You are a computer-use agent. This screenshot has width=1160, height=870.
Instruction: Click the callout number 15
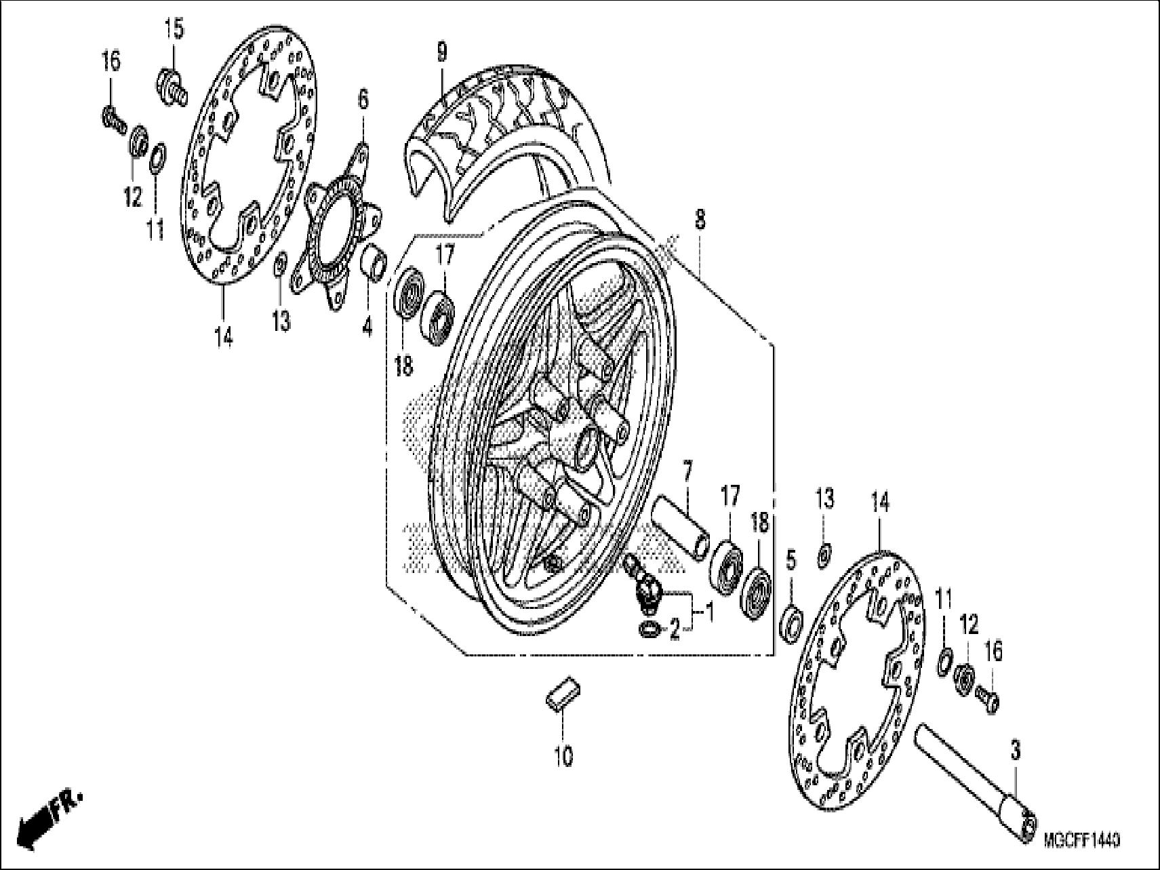tap(174, 30)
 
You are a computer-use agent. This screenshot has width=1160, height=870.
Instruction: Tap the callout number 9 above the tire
tap(442, 52)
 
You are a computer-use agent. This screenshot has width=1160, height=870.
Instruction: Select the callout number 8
tap(700, 219)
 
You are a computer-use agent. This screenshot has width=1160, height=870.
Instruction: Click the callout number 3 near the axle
tap(1015, 751)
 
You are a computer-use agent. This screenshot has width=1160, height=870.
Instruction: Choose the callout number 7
tap(687, 469)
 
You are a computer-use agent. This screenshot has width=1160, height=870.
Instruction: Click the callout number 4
tap(367, 328)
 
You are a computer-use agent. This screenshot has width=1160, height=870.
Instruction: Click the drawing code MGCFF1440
tap(1082, 841)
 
